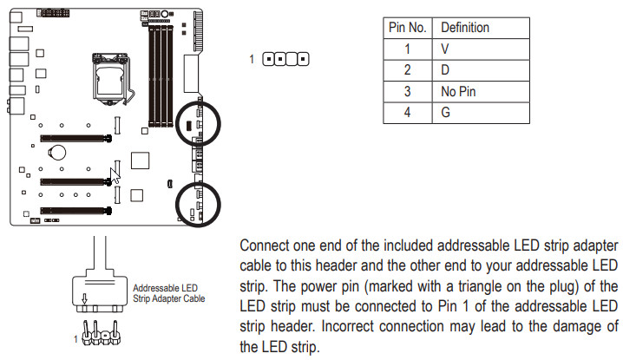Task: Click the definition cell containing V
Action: tap(446, 49)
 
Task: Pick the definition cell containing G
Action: tap(446, 113)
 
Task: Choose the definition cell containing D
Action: tap(446, 70)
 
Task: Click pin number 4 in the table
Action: tap(408, 113)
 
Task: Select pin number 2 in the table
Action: tap(408, 70)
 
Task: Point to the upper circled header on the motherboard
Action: tap(199, 125)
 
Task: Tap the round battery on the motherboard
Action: tap(58, 153)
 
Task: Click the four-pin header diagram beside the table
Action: tap(285, 60)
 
